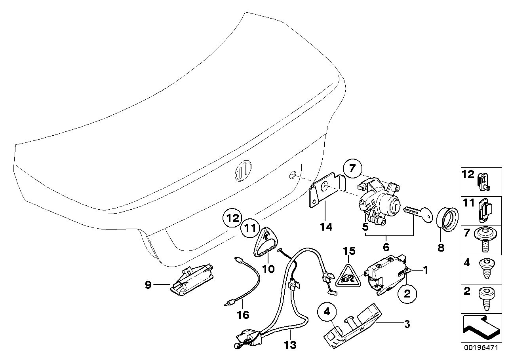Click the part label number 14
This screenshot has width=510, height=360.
click(327, 227)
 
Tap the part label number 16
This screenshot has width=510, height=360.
click(243, 315)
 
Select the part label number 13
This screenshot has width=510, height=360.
click(290, 345)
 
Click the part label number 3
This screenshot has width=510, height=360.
click(407, 325)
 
